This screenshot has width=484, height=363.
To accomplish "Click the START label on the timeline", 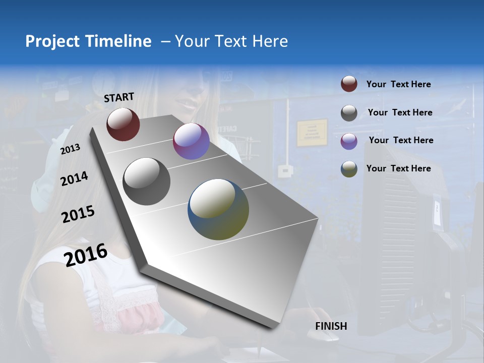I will click(x=119, y=97).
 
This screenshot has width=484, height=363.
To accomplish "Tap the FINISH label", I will click(x=331, y=326).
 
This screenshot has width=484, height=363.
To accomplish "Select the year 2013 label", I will click(x=71, y=149).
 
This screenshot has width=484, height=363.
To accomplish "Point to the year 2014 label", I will click(x=74, y=178).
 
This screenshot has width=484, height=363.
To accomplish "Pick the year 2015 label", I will click(x=78, y=214).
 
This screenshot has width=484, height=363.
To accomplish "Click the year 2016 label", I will click(x=86, y=255).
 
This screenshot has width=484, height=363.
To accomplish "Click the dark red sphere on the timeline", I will click(x=123, y=124).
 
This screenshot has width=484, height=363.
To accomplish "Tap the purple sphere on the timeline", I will click(x=191, y=141).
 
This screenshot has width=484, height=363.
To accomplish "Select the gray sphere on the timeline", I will click(x=146, y=181).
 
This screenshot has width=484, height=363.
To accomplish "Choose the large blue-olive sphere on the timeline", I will click(x=218, y=209).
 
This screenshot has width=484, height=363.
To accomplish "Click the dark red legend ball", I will click(x=349, y=84).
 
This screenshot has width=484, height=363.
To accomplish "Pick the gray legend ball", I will click(x=349, y=113).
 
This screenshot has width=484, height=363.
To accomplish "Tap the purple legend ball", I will click(x=349, y=141).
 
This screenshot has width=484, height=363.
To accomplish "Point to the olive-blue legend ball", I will click(x=349, y=169).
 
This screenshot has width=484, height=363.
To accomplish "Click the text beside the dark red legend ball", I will click(x=398, y=84).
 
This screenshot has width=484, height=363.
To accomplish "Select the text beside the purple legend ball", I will click(x=401, y=140).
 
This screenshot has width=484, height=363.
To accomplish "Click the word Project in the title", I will click(x=52, y=41).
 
